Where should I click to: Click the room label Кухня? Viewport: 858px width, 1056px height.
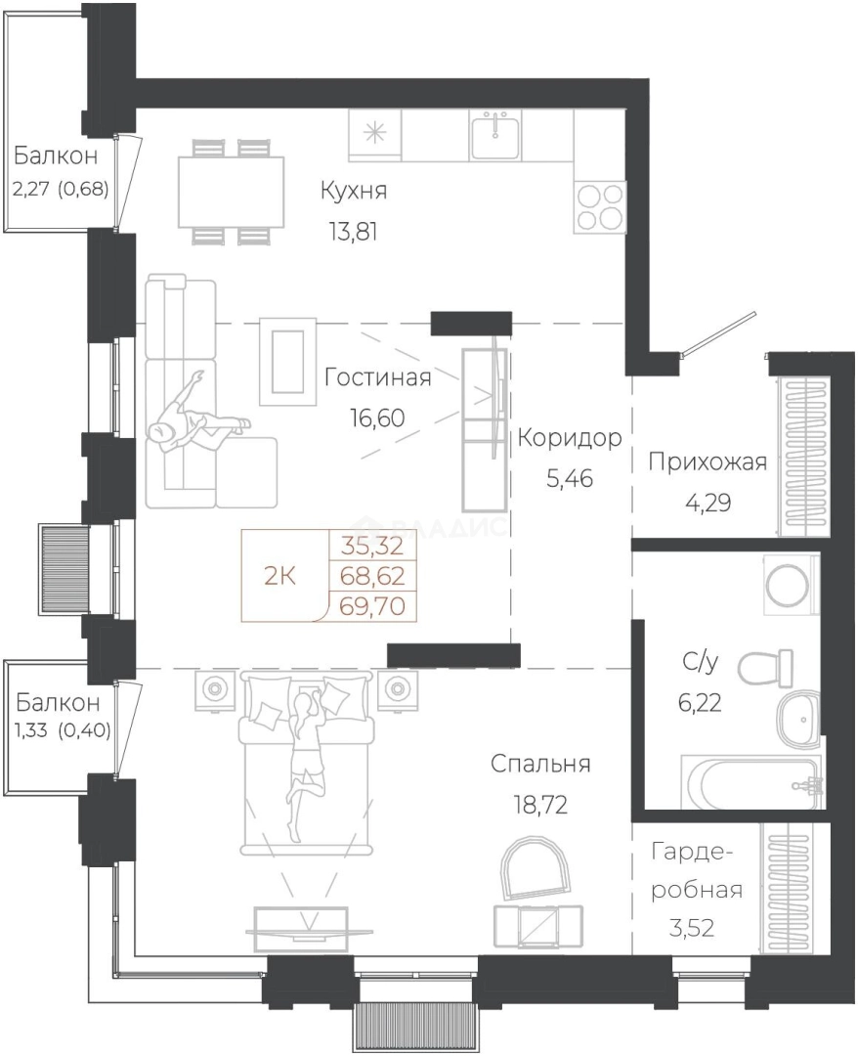tap(354, 191)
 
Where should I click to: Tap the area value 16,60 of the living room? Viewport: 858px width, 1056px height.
tap(377, 418)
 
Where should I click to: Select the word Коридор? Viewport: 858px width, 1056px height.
tap(570, 438)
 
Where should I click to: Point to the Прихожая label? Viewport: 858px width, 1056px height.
tap(708, 462)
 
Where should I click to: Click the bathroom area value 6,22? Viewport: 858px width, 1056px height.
tap(699, 703)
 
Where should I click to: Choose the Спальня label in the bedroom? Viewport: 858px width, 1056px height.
tap(540, 765)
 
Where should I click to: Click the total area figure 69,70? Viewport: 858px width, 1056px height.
tap(372, 606)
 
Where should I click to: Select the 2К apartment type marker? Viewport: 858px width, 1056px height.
tap(279, 577)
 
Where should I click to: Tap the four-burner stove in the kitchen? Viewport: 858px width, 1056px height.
tap(600, 207)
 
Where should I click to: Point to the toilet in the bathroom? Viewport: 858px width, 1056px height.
tap(765, 668)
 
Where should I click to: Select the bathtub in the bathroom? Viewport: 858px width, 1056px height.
tap(752, 782)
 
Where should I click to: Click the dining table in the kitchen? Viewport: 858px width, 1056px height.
tap(232, 192)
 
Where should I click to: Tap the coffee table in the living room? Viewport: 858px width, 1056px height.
tap(288, 363)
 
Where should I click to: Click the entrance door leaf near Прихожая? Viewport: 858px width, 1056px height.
tap(720, 333)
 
